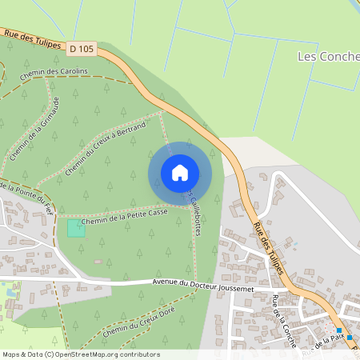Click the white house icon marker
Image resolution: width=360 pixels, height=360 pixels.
pyautogui.click(x=180, y=172)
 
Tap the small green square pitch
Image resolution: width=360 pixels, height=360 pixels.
pyautogui.click(x=75, y=227)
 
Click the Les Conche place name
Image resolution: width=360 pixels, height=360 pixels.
pyautogui.click(x=328, y=57)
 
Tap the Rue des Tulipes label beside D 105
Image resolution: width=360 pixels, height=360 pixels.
pyautogui.click(x=32, y=39)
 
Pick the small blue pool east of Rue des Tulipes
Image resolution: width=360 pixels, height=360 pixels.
pyautogui.click(x=294, y=243)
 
